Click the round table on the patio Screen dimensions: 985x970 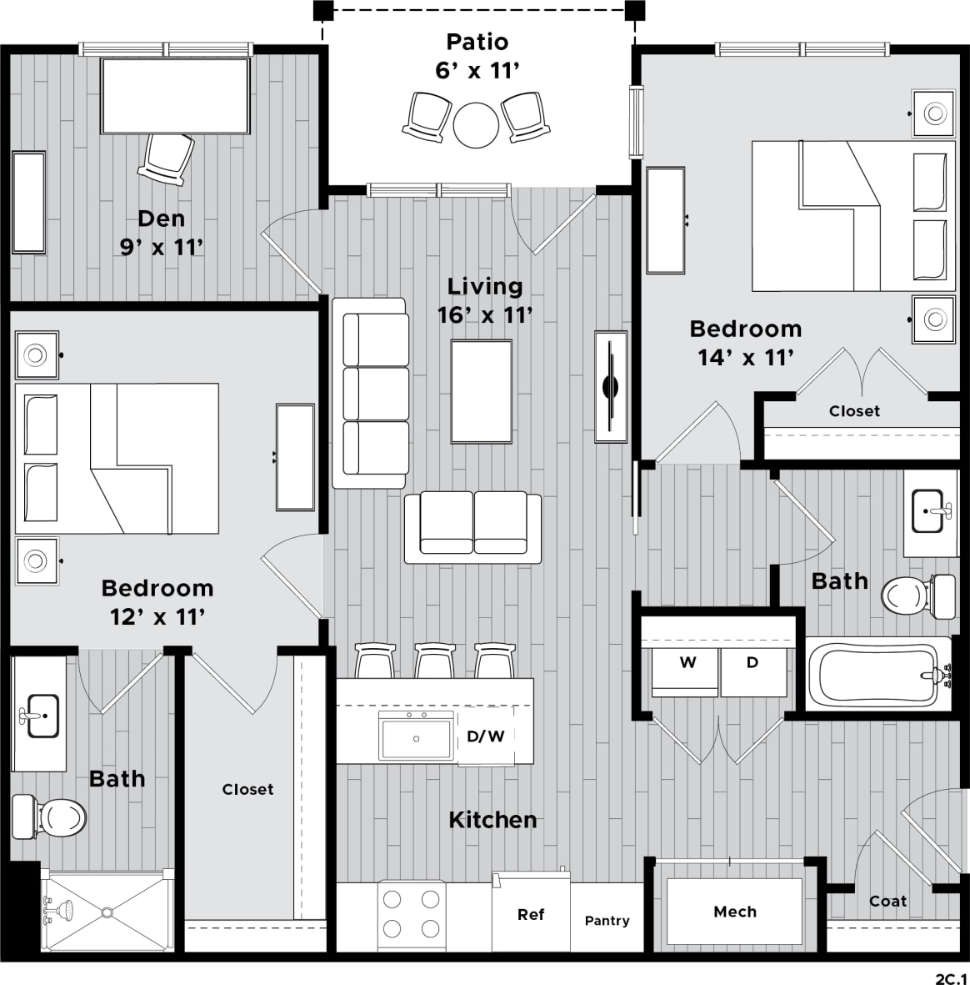click(476, 123)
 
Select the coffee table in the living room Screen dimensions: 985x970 click(481, 390)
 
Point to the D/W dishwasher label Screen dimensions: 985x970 click(485, 736)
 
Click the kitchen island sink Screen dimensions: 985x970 click(416, 736)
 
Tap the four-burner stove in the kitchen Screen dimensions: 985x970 click(410, 915)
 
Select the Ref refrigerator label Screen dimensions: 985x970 click(531, 915)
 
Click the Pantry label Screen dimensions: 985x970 click(607, 921)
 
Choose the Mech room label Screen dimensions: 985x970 click(734, 912)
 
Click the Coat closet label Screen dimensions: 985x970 click(887, 901)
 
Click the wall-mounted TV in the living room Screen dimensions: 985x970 click(611, 386)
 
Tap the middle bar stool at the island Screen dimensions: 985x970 click(433, 661)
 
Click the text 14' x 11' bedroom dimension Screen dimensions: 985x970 click(745, 358)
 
